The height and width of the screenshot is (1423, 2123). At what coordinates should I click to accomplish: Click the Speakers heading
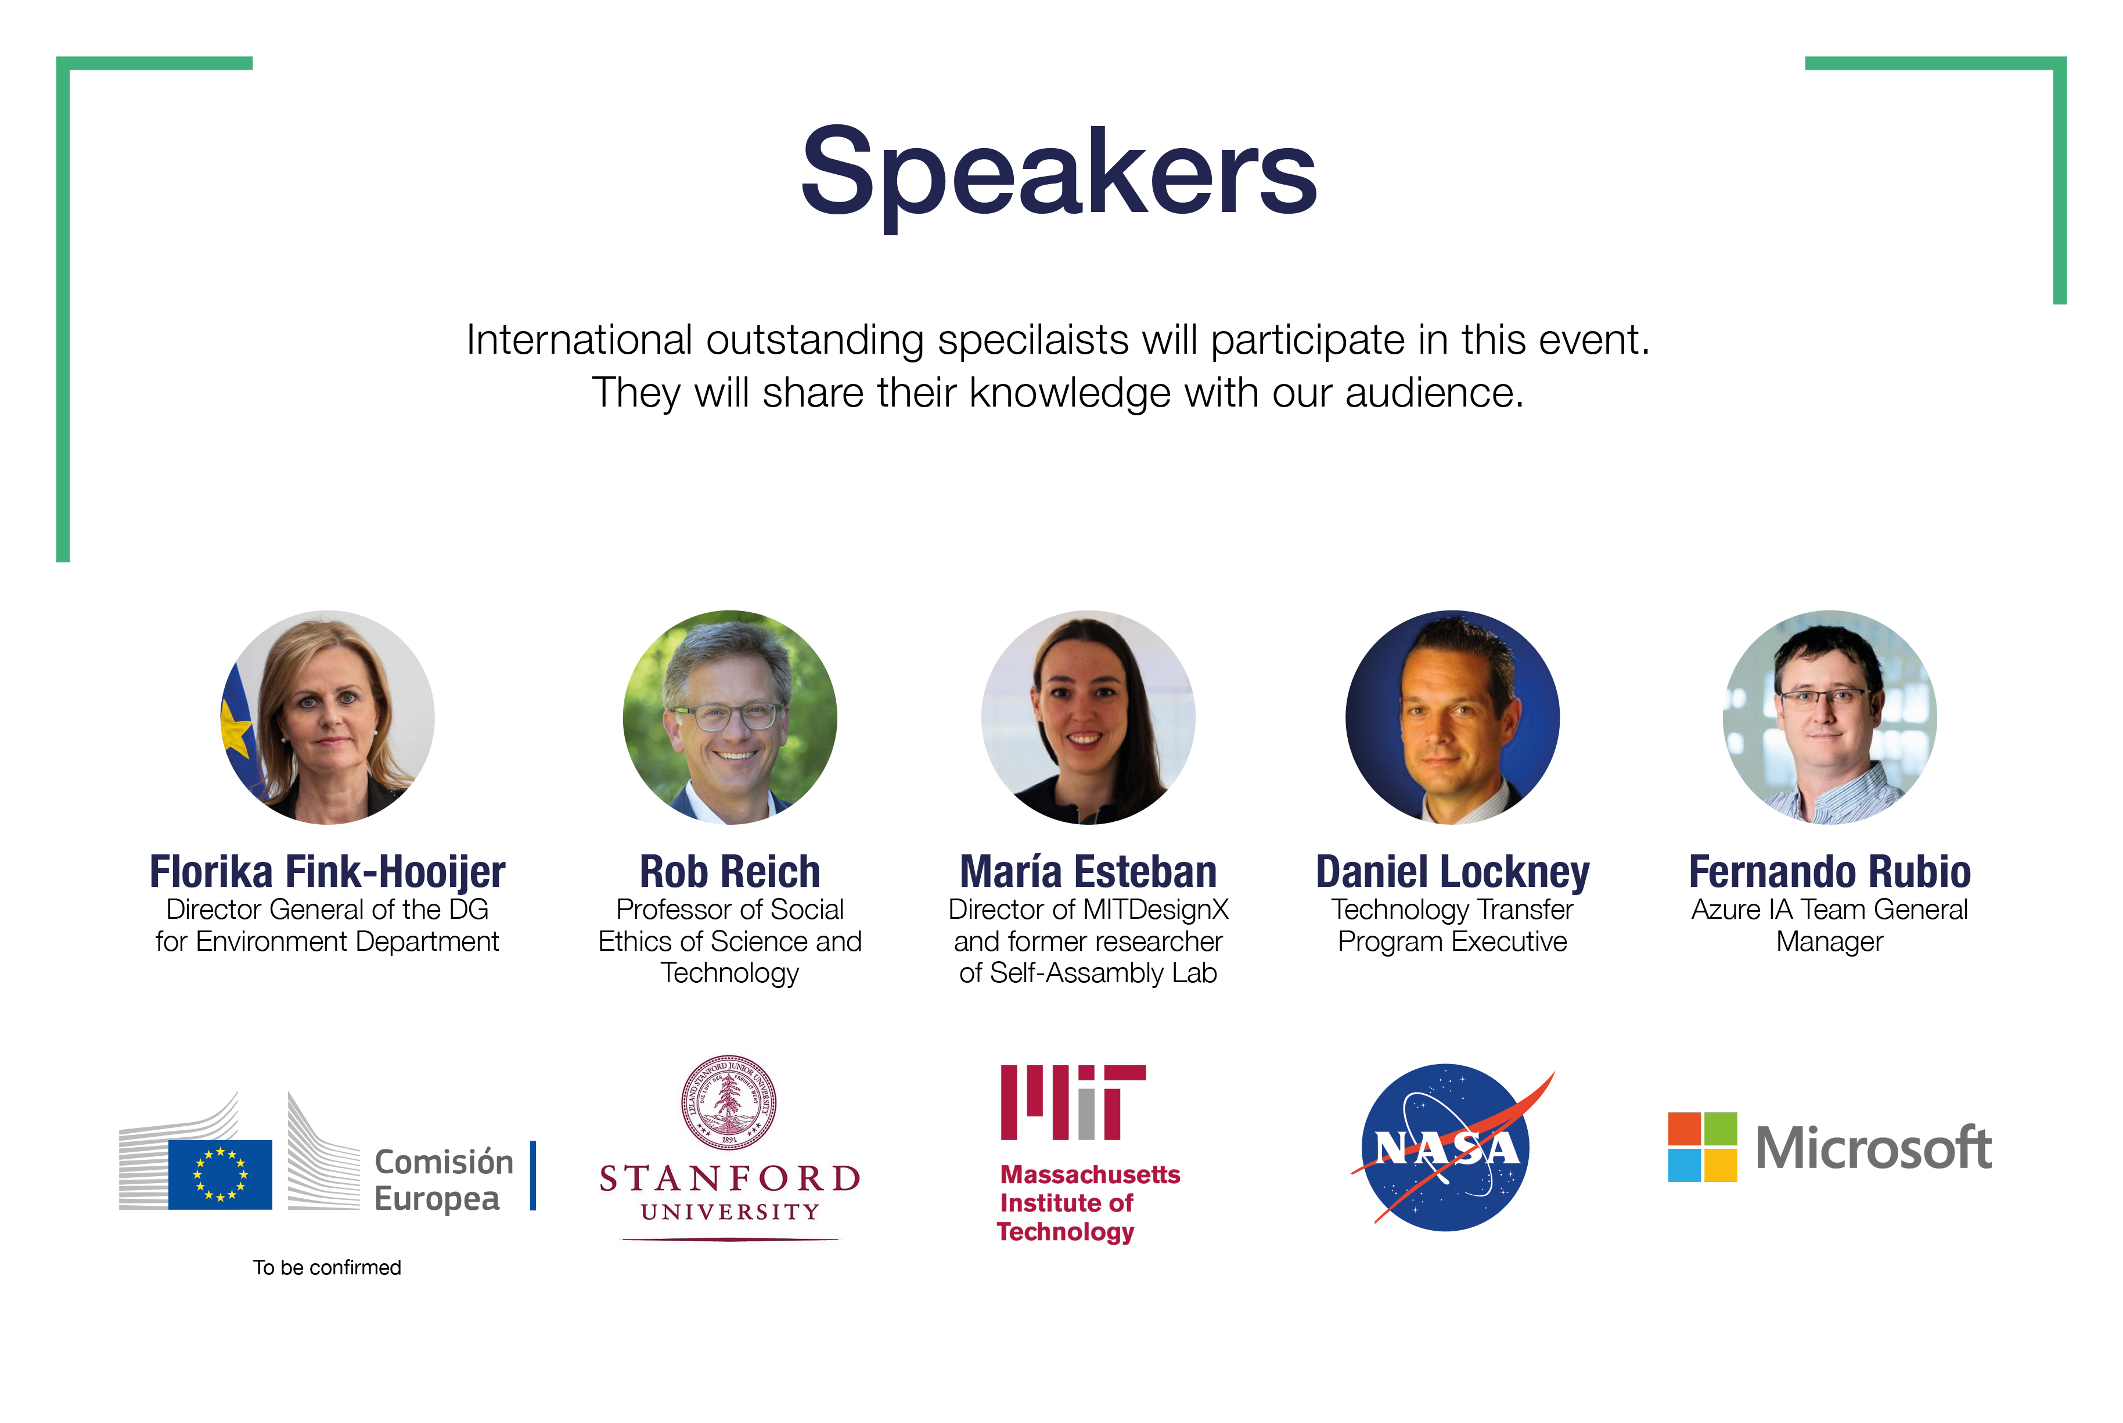pyautogui.click(x=1058, y=174)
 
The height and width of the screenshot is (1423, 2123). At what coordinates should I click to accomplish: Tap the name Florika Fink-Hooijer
pyautogui.click(x=328, y=872)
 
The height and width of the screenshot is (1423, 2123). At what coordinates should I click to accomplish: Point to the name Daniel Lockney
pyautogui.click(x=1452, y=873)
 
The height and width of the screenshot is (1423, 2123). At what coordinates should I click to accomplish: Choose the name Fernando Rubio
pyautogui.click(x=1830, y=872)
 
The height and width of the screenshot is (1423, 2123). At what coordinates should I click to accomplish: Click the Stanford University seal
pyautogui.click(x=729, y=1102)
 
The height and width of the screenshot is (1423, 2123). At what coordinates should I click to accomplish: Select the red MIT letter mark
pyautogui.click(x=1073, y=1102)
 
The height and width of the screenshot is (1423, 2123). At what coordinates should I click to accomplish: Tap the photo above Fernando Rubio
pyautogui.click(x=1830, y=717)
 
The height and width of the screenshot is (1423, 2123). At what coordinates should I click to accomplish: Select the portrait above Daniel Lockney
pyautogui.click(x=1452, y=717)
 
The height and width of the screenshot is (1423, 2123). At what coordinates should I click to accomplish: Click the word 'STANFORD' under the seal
pyautogui.click(x=729, y=1178)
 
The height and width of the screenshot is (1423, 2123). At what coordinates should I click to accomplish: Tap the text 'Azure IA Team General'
pyautogui.click(x=1830, y=910)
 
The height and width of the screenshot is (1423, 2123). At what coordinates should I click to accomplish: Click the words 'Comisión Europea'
pyautogui.click(x=444, y=1180)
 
